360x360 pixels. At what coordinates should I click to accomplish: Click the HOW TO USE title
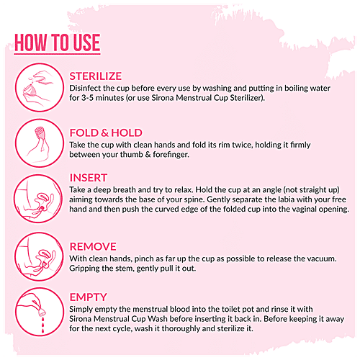point(57,43)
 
